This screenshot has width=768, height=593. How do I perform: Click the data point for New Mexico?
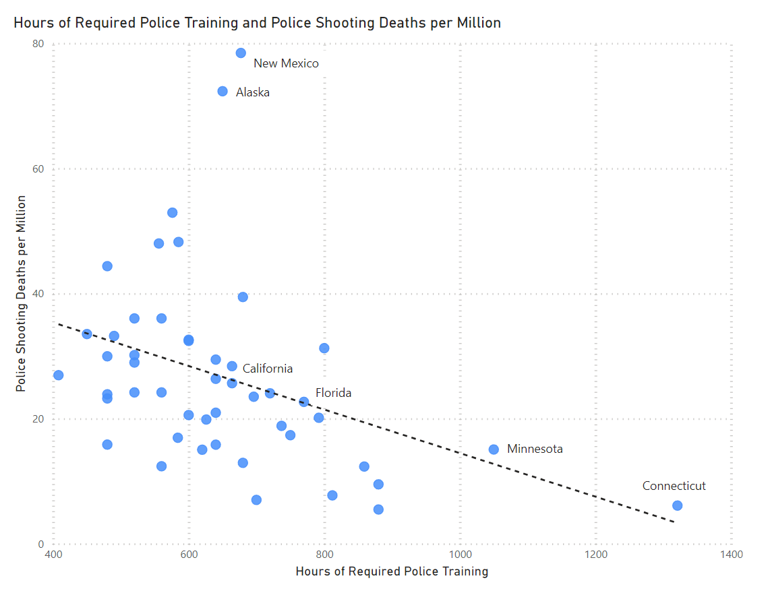pyautogui.click(x=241, y=53)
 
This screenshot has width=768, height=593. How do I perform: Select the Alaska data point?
pyautogui.click(x=223, y=92)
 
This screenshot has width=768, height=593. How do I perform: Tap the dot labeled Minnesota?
pyautogui.click(x=494, y=449)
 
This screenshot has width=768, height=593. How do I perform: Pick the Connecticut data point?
pyautogui.click(x=677, y=505)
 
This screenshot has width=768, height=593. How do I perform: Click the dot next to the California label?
pyautogui.click(x=232, y=367)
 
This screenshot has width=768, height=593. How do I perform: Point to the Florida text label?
pyautogui.click(x=333, y=393)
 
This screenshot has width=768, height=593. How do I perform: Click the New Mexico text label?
pyautogui.click(x=286, y=64)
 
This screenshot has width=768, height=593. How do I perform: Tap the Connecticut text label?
pyautogui.click(x=674, y=486)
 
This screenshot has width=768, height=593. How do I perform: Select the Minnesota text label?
pyautogui.click(x=535, y=449)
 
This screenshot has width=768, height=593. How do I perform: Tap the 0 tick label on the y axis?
pyautogui.click(x=41, y=544)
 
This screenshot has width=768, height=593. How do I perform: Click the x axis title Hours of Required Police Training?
pyautogui.click(x=392, y=572)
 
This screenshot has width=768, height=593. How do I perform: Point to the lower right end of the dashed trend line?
pyautogui.click(x=674, y=522)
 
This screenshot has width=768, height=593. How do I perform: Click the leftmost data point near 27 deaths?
pyautogui.click(x=58, y=375)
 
